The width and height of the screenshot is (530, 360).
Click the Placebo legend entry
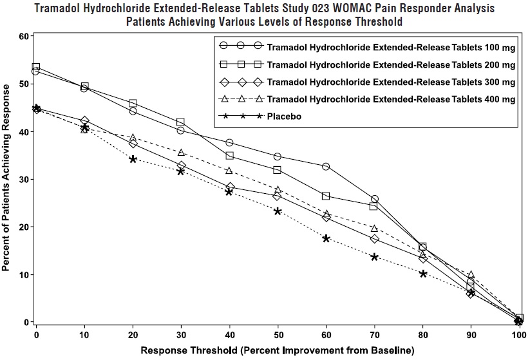285,117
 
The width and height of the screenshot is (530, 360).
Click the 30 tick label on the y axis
25,179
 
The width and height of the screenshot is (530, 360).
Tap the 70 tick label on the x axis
374,336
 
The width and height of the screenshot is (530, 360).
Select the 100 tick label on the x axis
519,336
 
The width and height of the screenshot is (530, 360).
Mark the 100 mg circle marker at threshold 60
326,167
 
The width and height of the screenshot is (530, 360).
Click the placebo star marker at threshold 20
133,159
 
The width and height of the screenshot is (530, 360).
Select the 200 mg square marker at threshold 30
181,122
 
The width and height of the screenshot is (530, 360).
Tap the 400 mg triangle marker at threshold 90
471,275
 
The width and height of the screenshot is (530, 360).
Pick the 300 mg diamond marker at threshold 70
374,239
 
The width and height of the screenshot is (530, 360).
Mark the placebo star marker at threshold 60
326,238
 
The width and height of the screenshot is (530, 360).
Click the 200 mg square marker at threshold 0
36,67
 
